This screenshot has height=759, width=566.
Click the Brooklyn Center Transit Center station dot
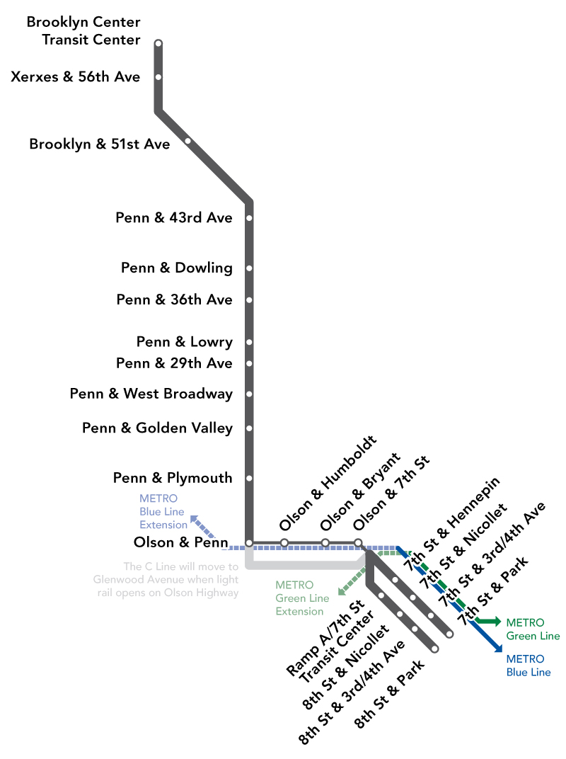click(158, 44)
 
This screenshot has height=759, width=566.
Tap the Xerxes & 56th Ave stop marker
click(158, 77)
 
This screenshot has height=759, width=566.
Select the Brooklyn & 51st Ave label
click(100, 144)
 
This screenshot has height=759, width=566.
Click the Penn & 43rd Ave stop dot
click(249, 218)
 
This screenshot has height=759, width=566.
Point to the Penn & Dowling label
click(177, 268)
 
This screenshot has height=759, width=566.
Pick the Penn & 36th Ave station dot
click(249, 300)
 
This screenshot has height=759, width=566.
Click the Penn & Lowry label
click(185, 343)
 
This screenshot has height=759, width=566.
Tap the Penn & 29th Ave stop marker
click(249, 364)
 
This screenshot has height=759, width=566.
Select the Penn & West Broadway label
click(151, 394)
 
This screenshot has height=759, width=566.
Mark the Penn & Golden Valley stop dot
click(249, 428)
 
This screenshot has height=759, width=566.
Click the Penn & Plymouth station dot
click(249, 479)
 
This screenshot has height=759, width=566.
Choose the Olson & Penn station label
click(180, 542)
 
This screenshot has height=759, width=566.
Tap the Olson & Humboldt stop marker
click(284, 543)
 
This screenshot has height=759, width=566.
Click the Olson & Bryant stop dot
click(325, 543)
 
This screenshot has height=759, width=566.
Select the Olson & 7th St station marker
click(358, 543)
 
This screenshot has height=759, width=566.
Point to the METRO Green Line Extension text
click(302, 598)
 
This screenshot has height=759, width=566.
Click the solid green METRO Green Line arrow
click(487, 622)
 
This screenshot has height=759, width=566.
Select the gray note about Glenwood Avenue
click(166, 580)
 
